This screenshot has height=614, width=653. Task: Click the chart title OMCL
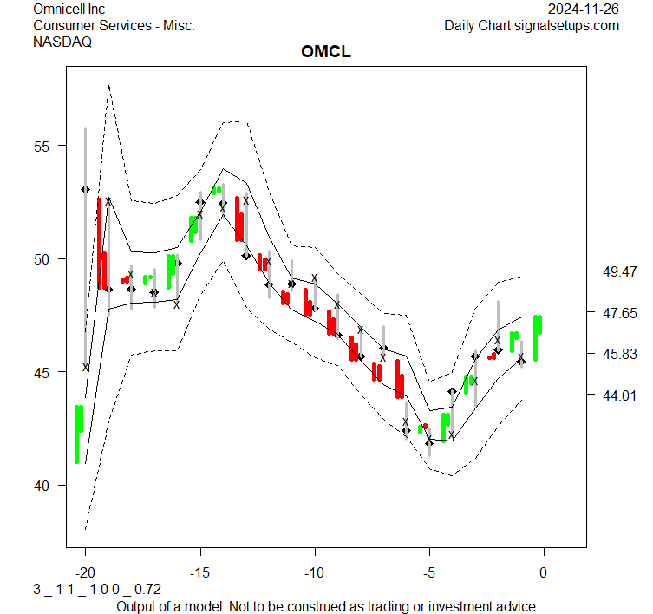(325, 52)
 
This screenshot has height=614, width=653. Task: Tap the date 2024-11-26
(584, 9)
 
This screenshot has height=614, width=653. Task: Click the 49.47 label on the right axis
(620, 272)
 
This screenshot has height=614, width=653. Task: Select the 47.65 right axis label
(620, 313)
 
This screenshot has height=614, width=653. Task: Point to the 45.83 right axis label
(620, 355)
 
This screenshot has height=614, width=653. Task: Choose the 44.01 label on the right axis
(620, 395)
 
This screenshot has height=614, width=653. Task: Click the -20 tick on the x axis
(85, 572)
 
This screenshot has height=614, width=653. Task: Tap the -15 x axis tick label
(199, 572)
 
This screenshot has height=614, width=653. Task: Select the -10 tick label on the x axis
(314, 572)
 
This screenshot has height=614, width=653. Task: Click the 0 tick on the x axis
(544, 572)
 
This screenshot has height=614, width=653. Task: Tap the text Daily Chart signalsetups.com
(532, 25)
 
